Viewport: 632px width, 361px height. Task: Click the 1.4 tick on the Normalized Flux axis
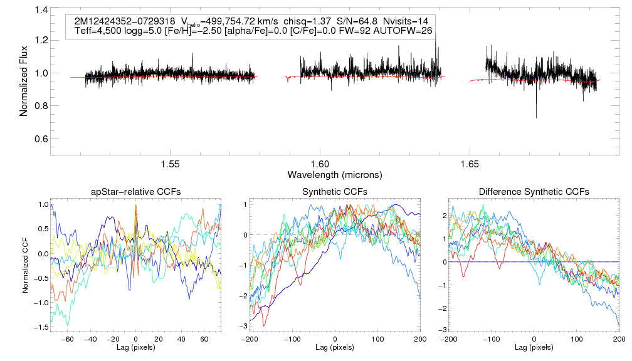click(x=42, y=11)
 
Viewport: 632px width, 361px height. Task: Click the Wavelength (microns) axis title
click(x=335, y=174)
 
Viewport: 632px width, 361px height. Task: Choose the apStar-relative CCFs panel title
click(x=136, y=191)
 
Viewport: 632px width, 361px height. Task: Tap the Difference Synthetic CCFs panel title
click(x=534, y=191)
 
